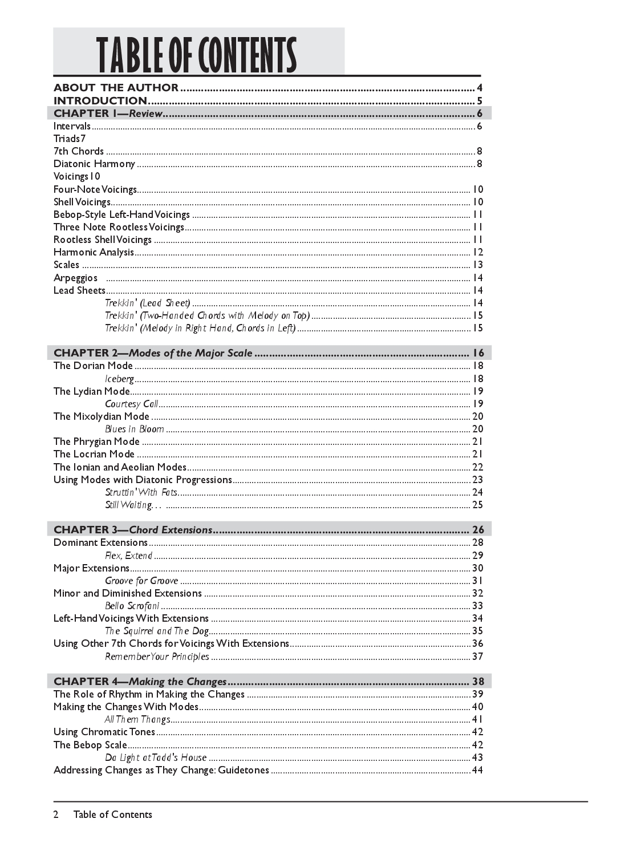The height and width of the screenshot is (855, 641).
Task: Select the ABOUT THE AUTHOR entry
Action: [116, 88]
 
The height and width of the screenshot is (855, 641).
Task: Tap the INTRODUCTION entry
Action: [100, 101]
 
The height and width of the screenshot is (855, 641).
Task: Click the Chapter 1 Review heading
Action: [108, 114]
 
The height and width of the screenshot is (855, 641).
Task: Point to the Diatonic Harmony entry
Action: [94, 164]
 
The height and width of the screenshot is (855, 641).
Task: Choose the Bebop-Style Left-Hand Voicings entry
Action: [121, 214]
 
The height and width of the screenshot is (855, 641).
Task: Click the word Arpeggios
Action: [75, 278]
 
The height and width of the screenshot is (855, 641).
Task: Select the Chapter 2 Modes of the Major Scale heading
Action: [153, 353]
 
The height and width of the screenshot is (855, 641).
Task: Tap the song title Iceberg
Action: [119, 379]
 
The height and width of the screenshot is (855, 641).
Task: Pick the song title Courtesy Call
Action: [131, 404]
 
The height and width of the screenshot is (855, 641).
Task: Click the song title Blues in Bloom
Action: [135, 429]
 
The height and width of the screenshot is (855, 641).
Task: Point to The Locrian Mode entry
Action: [94, 454]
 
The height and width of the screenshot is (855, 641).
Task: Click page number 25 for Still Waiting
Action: [477, 505]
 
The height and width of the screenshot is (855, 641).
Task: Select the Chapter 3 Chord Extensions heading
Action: [133, 530]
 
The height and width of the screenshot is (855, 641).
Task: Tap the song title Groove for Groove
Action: [141, 581]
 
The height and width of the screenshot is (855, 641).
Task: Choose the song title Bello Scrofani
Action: [132, 606]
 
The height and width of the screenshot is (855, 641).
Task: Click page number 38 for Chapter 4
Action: [477, 682]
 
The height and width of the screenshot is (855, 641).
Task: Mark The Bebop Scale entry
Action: [90, 745]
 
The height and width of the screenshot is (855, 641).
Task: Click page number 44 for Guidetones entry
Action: [477, 770]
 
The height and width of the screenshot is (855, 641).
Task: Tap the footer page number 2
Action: [56, 815]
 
